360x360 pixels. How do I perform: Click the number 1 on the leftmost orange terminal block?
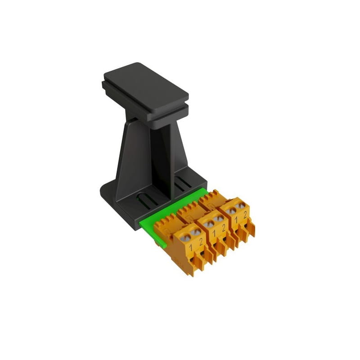coord(190,247)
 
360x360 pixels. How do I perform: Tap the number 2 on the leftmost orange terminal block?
coord(201,242)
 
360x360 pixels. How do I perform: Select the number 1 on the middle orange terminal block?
coord(214,234)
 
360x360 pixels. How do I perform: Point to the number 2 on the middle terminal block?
coord(224,228)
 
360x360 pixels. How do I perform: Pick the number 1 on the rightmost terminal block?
coord(236,220)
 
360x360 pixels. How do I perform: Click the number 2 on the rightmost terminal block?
coord(245,215)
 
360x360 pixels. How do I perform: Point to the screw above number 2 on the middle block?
coord(218,218)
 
